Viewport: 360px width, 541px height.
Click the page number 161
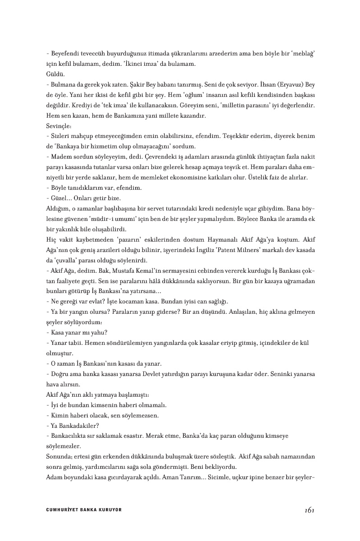[x=309, y=510]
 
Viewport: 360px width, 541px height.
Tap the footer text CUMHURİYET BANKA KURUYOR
[x=84, y=510]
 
